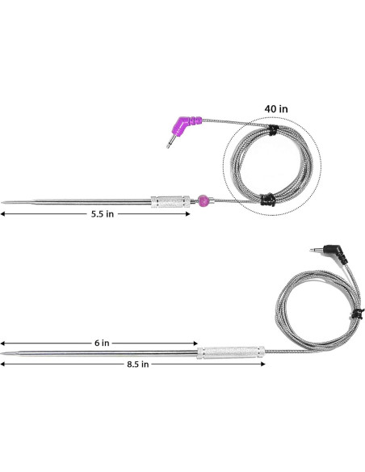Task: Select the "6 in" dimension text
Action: (101, 343)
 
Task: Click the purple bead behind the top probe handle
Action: (203, 199)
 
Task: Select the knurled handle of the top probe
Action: (170, 200)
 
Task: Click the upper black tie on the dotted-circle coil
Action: (273, 130)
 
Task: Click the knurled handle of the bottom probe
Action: (232, 353)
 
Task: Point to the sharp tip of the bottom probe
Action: (4, 353)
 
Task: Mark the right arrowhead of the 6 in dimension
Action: (195, 343)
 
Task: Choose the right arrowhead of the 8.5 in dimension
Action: (262, 365)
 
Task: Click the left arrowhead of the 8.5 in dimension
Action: (3, 365)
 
